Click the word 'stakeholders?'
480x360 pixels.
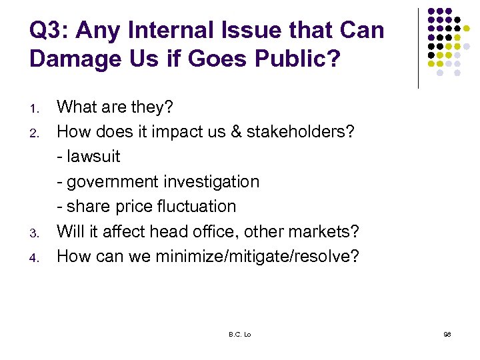[301, 131]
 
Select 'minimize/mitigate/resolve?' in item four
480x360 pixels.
[257, 257]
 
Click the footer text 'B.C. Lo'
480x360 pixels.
[239, 333]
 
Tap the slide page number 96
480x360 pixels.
[447, 333]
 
